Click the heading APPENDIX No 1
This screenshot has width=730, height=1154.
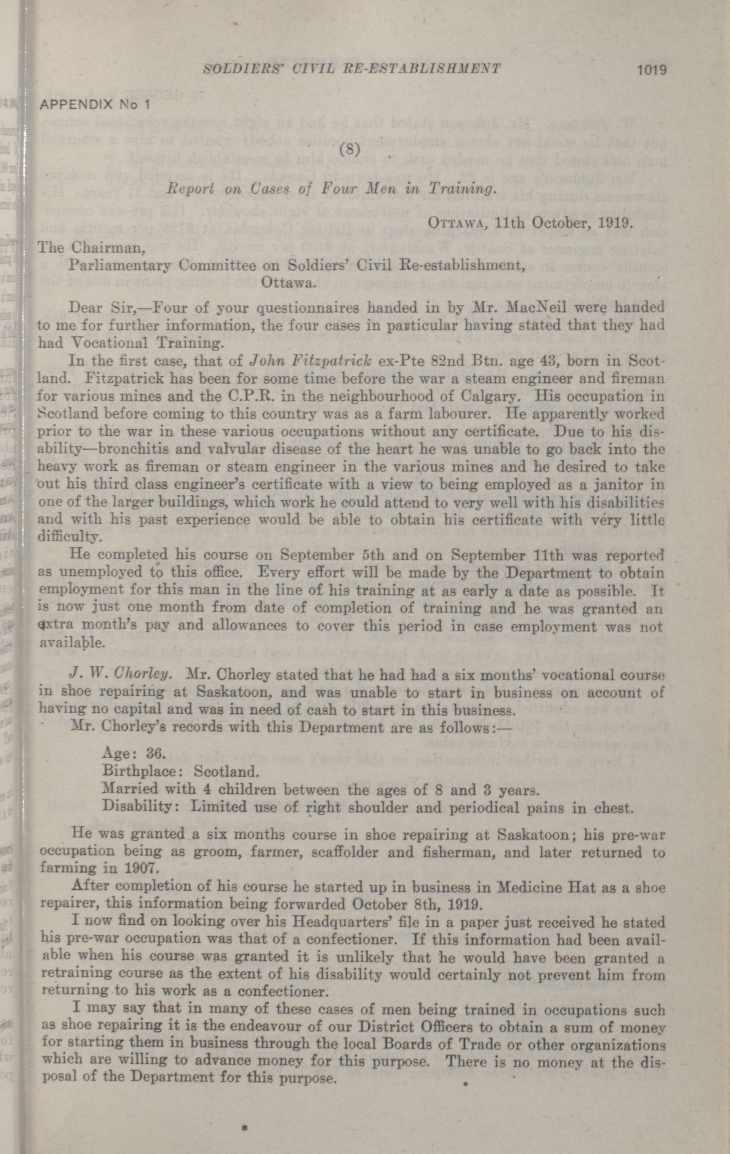coord(95,104)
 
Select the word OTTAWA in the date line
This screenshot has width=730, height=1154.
coord(454,222)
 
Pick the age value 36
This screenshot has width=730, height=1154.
coord(156,753)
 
